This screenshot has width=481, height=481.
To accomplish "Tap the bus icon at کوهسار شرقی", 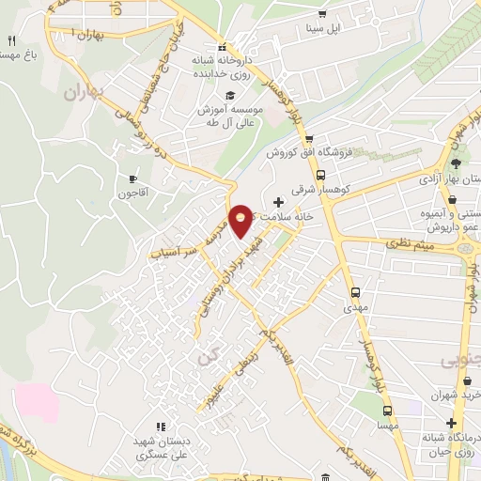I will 321,175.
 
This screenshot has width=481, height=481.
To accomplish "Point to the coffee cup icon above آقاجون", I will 132,178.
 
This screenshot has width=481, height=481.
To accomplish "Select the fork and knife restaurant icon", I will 12,40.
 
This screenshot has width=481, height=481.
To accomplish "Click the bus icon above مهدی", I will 356,291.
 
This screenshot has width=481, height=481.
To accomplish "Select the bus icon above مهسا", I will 384,411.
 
